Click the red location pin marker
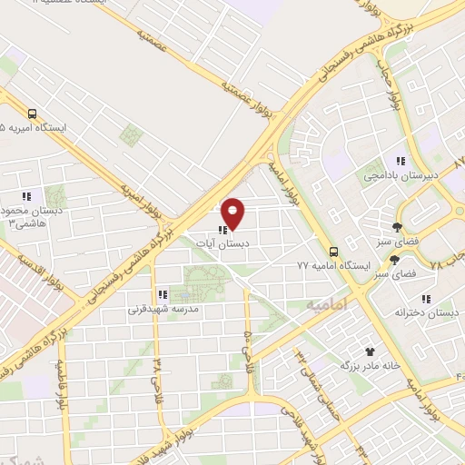pyautogui.click(x=233, y=213)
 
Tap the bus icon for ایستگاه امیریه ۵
pyautogui.click(x=33, y=114)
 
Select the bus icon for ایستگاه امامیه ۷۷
pyautogui.click(x=333, y=252)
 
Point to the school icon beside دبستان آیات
pyautogui.click(x=223, y=231)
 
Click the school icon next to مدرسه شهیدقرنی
pyautogui.click(x=163, y=294)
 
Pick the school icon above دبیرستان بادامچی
pyautogui.click(x=401, y=161)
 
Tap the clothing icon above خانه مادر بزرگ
pyautogui.click(x=369, y=351)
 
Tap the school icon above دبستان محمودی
pyautogui.click(x=26, y=195)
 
